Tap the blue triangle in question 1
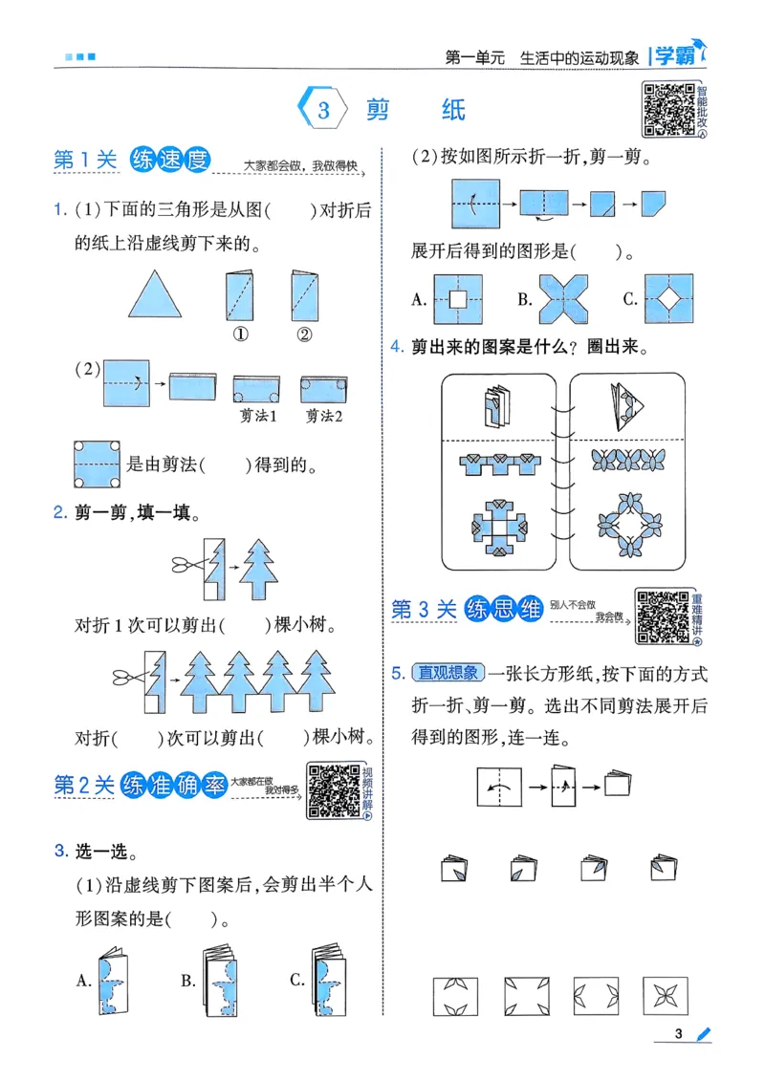click(x=155, y=293)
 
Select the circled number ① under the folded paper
click(x=239, y=335)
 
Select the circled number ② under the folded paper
click(x=303, y=335)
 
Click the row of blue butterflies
click(x=623, y=461)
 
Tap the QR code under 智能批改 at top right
click(x=667, y=110)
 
